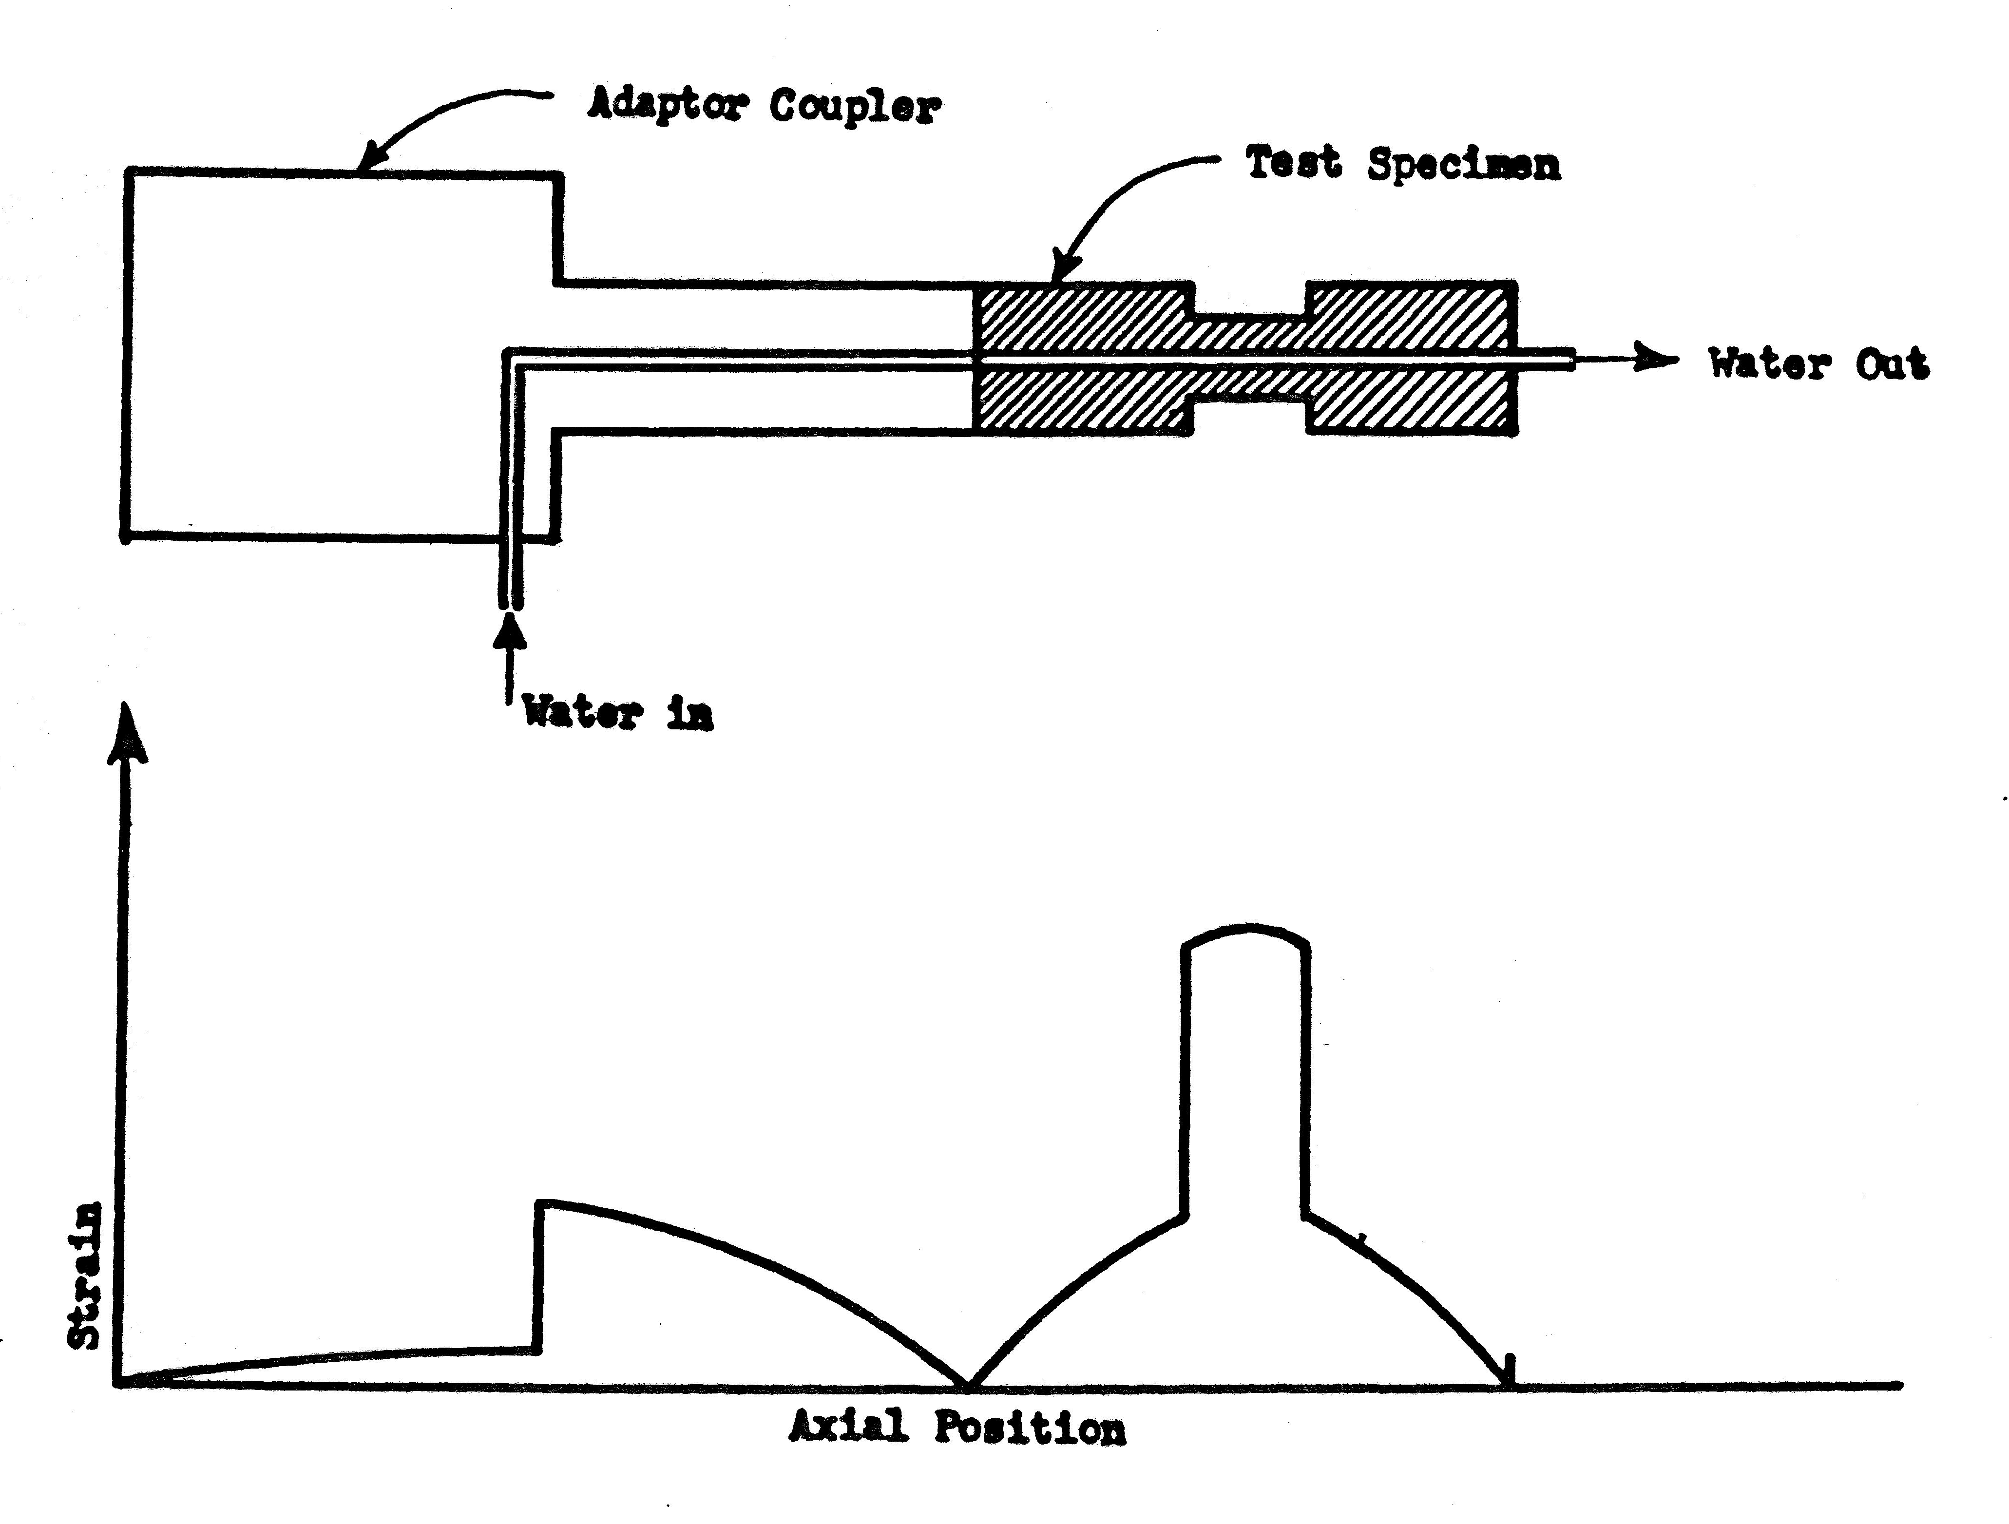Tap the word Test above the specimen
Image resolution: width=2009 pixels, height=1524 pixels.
(x=1292, y=164)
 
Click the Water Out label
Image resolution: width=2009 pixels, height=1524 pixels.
(x=1818, y=364)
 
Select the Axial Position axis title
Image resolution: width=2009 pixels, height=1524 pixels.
(x=957, y=1427)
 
